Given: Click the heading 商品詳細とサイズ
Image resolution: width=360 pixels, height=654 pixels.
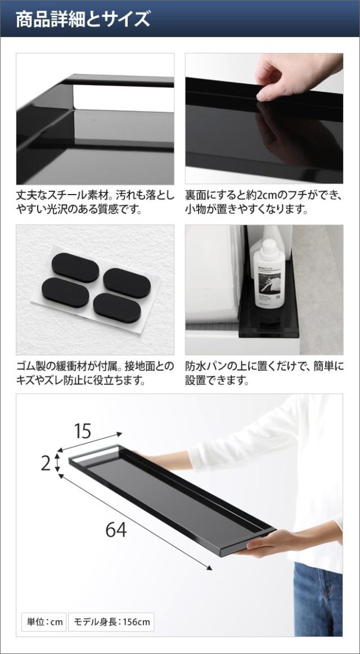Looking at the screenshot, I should pos(83,19).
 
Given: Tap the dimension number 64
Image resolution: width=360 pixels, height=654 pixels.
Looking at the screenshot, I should pos(115,529).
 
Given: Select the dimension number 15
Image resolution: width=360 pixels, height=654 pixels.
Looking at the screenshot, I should pos(83,431).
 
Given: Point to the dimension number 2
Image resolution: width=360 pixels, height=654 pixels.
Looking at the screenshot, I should pos(46,463).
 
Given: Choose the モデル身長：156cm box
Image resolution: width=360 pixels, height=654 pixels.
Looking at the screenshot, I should pos(111,621).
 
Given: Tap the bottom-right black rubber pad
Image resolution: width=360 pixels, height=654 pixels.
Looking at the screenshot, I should pos(118,307).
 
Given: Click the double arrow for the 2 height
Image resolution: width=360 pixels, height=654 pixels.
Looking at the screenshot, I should pos(58,464).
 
